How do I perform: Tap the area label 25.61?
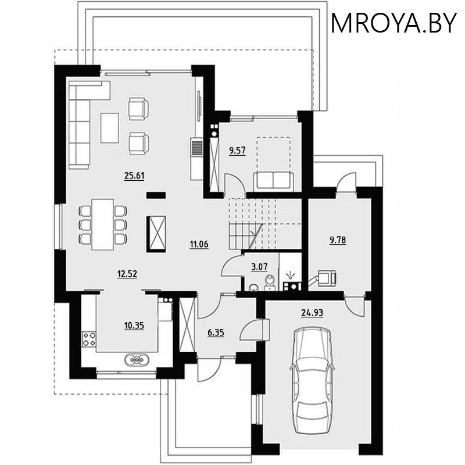tap(134, 176)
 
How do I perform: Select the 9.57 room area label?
tap(237, 151)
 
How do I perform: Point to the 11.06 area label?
tap(199, 244)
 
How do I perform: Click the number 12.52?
tap(127, 274)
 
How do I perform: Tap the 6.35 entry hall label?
tap(216, 334)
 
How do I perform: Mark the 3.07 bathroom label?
tap(259, 267)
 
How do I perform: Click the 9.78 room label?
tap(338, 239)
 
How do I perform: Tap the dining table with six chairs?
tap(102, 224)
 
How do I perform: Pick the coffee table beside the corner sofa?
tap(110, 127)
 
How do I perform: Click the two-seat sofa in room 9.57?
tap(273, 180)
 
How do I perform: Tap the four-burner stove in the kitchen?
tap(89, 339)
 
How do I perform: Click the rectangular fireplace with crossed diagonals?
tap(156, 233)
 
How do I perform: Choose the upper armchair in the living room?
tap(138, 109)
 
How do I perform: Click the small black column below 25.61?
tap(155, 196)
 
